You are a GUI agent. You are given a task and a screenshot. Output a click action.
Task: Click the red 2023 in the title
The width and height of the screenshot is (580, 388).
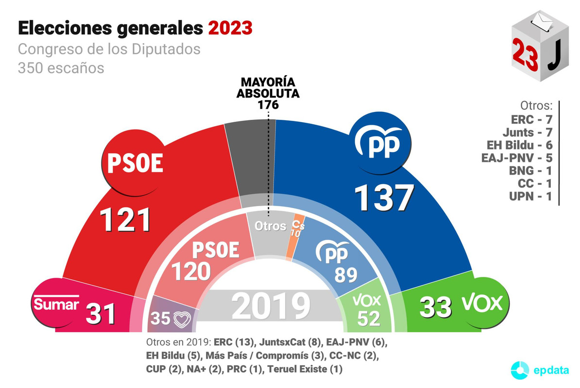(x=230, y=28)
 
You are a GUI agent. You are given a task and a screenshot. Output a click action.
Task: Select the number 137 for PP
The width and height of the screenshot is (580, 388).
(x=384, y=197)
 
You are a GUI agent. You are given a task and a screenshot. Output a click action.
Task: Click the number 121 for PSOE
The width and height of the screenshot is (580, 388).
(x=125, y=220)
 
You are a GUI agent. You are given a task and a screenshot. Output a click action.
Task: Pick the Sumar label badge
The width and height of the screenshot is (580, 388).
(x=56, y=304)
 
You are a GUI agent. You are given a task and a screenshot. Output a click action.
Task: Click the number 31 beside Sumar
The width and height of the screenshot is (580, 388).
(x=101, y=314)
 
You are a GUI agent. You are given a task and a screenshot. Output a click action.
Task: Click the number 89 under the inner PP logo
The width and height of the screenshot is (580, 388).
(x=346, y=275)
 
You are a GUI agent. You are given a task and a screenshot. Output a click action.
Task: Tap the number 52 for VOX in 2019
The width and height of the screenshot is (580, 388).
(x=368, y=318)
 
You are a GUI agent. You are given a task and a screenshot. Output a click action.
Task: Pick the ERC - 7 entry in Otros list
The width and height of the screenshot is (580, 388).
(x=532, y=119)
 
